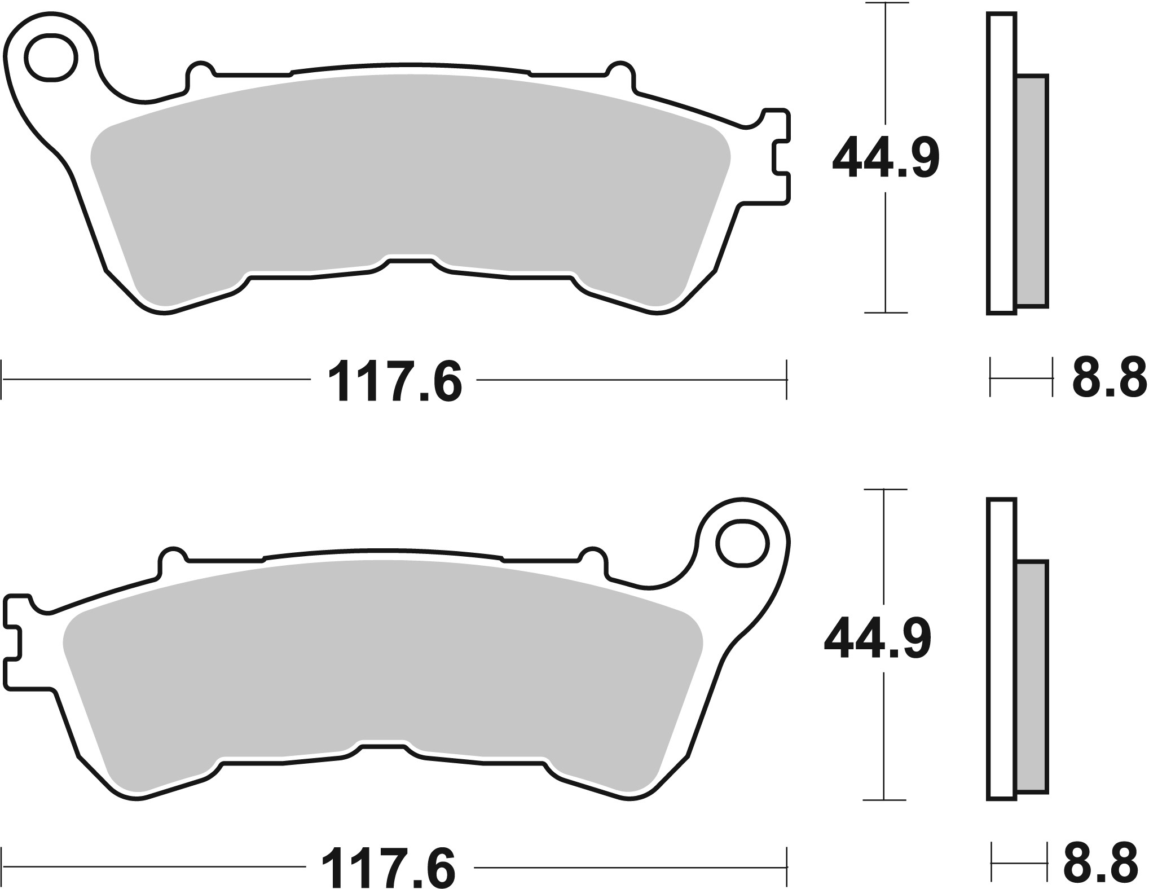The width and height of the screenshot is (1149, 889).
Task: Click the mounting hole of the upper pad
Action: [x=51, y=58]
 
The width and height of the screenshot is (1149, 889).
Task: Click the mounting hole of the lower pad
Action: [x=742, y=544]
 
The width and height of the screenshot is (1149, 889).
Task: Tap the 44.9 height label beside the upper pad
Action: [x=886, y=158]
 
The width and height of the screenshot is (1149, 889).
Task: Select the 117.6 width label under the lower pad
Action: [x=388, y=866]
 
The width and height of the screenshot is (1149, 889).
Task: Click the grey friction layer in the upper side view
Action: [x=1032, y=198]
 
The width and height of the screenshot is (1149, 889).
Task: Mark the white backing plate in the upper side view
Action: [x=1002, y=164]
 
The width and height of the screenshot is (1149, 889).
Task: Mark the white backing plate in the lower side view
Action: [x=1002, y=649]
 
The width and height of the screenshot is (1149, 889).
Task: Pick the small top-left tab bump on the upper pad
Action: [x=200, y=72]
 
